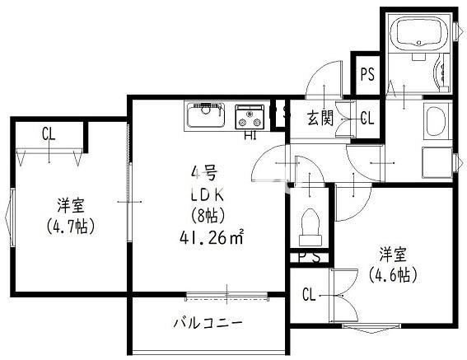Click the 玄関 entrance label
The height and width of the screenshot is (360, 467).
coord(320,118)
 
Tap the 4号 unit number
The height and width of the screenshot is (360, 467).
coord(204,173)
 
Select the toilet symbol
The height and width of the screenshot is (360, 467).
coord(312,226)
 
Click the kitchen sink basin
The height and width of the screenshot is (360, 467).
coord(203,116)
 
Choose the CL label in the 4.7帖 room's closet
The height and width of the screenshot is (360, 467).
coord(49,133)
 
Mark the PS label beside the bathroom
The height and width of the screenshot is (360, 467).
coord(367,74)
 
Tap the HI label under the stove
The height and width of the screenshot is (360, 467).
coord(250,136)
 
